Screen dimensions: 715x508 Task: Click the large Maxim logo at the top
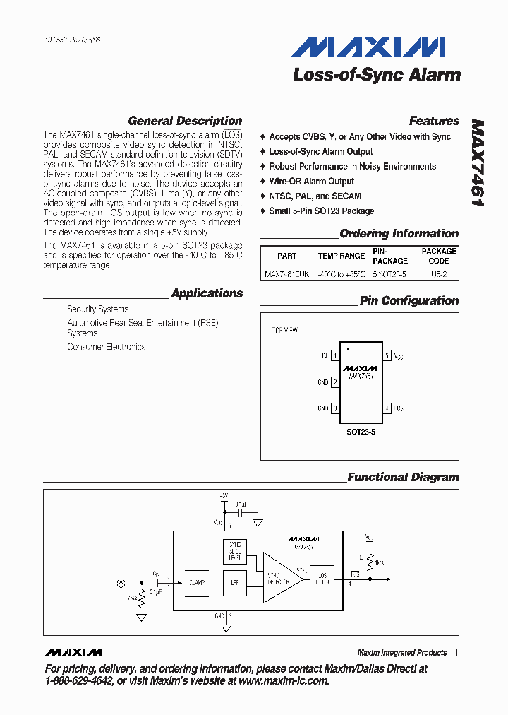click(368, 47)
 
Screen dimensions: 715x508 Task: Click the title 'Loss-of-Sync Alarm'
click(377, 75)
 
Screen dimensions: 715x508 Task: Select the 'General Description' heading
click(185, 122)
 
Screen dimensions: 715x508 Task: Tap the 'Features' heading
click(434, 122)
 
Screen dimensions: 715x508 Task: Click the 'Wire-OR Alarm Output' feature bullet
click(311, 182)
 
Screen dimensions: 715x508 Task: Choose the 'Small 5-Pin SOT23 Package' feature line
click(321, 211)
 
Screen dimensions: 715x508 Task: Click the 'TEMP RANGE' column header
click(341, 256)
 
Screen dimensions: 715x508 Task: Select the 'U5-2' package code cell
click(439, 273)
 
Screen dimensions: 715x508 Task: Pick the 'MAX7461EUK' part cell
click(286, 273)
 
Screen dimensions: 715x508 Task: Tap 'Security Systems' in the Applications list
click(97, 309)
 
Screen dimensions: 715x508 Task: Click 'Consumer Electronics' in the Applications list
click(106, 347)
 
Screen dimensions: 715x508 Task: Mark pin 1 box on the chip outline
click(335, 356)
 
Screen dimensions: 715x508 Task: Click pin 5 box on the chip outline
click(387, 356)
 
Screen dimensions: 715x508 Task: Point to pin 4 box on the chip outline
click(387, 408)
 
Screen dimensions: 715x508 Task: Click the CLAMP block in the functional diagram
click(197, 583)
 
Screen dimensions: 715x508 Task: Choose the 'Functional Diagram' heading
click(403, 478)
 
